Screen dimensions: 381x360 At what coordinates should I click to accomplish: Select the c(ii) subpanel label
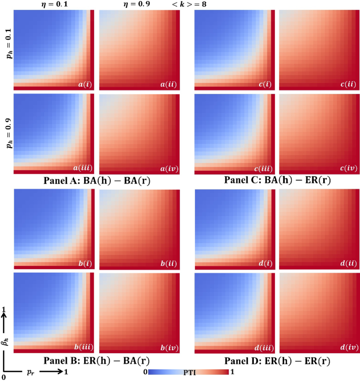tap(345, 84)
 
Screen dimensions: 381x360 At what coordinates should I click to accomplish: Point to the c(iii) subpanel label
tap(259, 168)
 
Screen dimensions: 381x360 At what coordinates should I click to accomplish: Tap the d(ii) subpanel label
tap(345, 263)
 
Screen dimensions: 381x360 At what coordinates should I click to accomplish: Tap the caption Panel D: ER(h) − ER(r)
tap(273, 361)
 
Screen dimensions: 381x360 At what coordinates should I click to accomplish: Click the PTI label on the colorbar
tap(188, 372)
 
